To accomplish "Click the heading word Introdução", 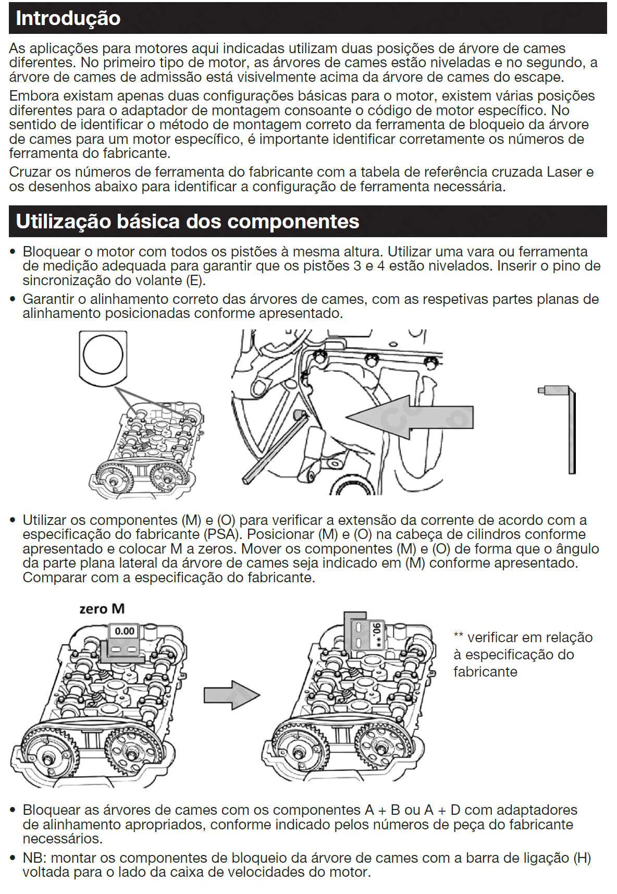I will tap(68, 18).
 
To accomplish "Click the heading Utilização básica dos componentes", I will tap(188, 222).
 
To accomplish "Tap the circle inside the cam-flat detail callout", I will tap(103, 355).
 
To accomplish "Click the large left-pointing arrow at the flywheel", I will tap(410, 417).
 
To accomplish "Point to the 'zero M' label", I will tap(102, 609).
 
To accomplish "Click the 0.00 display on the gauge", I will tap(125, 631).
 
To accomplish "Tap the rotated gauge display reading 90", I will tap(376, 634).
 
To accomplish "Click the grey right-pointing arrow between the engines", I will tap(231, 695).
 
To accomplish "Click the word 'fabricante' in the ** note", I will tap(485, 671).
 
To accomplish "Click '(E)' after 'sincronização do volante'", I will tap(196, 280).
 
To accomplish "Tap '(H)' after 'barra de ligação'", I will tap(582, 858).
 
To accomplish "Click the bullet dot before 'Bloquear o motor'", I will tap(14, 252).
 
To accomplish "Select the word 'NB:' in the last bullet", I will tap(35, 858).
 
